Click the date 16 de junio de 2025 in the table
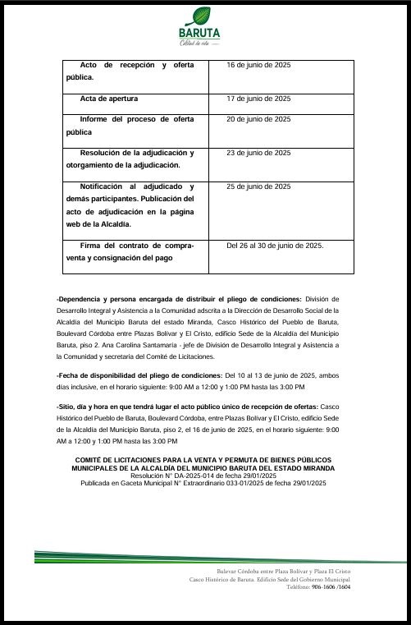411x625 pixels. click(x=258, y=64)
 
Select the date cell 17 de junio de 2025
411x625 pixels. click(x=258, y=99)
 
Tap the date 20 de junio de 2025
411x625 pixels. click(x=258, y=119)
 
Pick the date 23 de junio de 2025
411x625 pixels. click(x=258, y=153)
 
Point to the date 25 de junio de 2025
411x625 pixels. click(x=258, y=186)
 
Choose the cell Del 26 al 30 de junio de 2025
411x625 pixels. click(x=275, y=246)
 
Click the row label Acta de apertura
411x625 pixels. click(x=108, y=99)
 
